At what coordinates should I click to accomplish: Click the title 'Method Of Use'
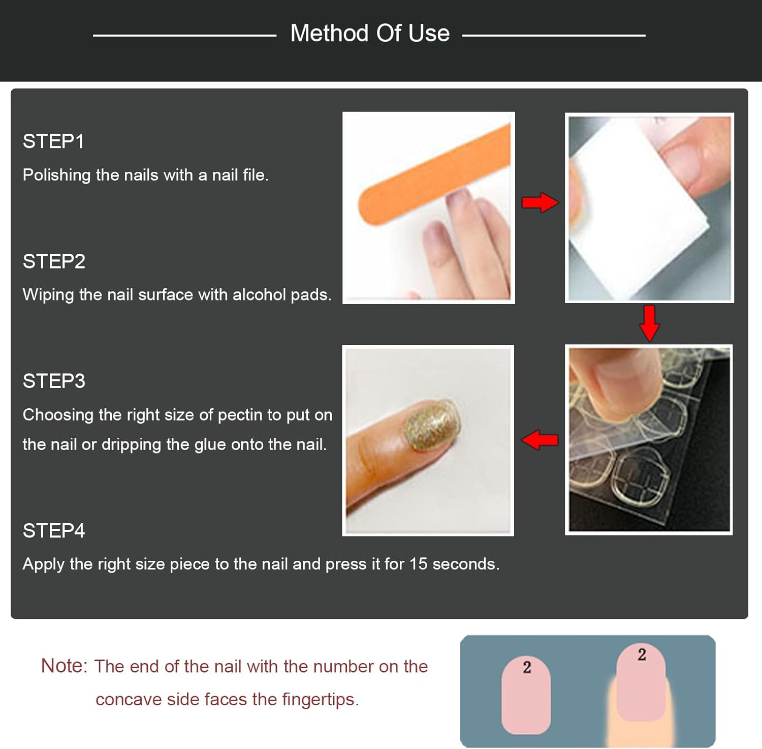370,34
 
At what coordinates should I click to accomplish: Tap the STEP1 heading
53,141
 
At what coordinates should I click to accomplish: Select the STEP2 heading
54,261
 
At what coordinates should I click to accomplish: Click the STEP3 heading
54,381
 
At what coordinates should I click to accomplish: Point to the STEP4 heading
54,531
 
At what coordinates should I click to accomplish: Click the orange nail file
432,173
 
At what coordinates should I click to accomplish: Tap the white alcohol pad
635,214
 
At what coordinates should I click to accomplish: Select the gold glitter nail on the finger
431,425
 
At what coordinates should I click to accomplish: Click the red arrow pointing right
539,202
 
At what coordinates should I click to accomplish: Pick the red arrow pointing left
539,440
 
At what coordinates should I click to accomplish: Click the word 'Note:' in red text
64,666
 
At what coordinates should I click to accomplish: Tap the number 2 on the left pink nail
527,667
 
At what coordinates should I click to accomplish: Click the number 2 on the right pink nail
642,654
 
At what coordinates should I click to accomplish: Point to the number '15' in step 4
418,564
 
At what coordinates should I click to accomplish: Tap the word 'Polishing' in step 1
56,175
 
